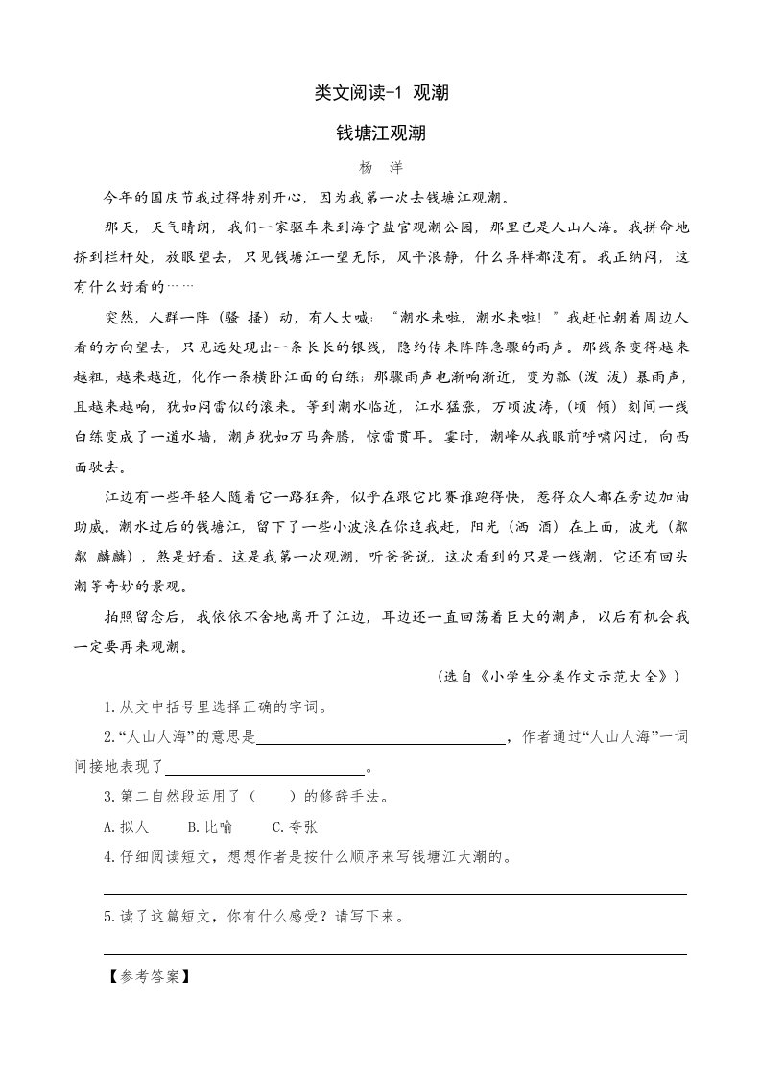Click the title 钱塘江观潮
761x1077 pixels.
point(380,132)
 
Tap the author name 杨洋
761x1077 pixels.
point(379,167)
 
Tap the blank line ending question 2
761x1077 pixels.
point(265,769)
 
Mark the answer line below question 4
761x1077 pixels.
point(395,893)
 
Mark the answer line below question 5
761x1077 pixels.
point(395,953)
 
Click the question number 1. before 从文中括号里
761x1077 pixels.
point(110,708)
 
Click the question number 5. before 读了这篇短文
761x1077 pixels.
point(110,916)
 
